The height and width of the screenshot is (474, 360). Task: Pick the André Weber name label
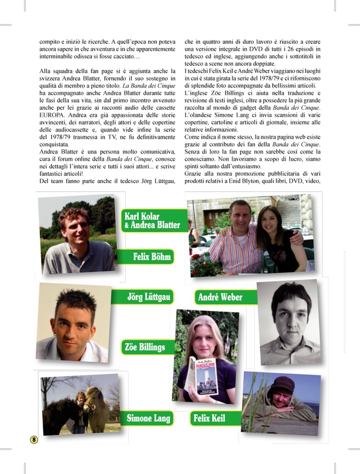[220, 297]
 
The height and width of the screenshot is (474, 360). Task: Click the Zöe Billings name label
[145, 347]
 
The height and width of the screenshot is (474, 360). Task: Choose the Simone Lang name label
[148, 419]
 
